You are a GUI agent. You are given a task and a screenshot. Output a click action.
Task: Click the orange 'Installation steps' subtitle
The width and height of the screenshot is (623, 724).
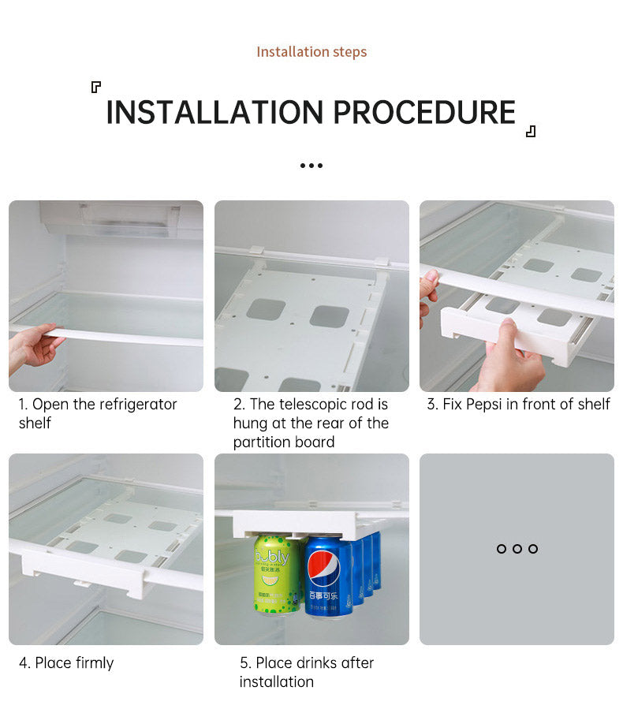[x=311, y=52]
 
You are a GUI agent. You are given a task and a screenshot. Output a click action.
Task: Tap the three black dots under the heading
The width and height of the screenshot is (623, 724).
[x=311, y=166]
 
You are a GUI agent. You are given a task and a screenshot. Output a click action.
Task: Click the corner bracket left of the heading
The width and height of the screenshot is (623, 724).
[x=96, y=87]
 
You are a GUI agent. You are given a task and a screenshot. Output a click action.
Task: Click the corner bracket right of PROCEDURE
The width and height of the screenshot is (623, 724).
[x=531, y=131]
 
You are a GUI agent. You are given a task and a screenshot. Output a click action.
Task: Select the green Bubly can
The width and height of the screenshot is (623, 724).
[x=276, y=574]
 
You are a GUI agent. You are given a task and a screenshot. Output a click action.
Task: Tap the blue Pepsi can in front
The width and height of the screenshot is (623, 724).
[x=329, y=576]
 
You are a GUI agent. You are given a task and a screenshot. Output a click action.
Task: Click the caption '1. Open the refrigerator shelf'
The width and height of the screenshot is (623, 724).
[x=98, y=413]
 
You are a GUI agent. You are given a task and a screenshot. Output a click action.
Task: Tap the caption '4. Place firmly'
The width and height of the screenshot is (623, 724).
[x=66, y=662]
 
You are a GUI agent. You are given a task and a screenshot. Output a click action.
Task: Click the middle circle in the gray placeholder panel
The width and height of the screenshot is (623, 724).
[x=517, y=549]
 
